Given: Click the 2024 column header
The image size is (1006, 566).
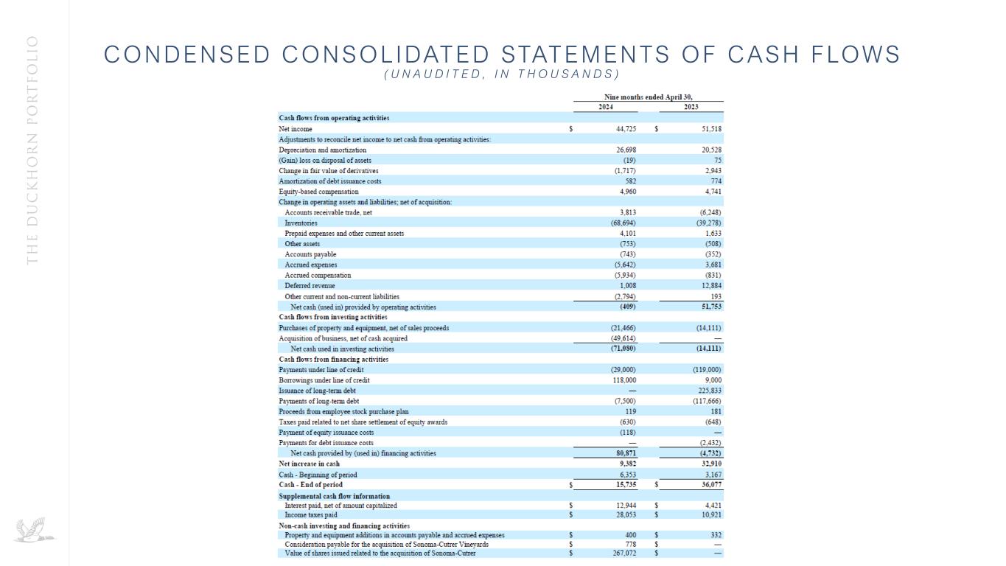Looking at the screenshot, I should click(605, 108).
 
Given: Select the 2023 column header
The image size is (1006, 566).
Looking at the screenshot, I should click(691, 108).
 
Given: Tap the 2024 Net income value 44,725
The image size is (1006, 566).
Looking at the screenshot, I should click(625, 129).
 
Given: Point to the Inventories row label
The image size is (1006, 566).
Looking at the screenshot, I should click(301, 223).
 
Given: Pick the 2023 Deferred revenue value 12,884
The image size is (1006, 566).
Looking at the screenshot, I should click(710, 285).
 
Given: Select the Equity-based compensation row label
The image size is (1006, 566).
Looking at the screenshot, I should click(318, 192).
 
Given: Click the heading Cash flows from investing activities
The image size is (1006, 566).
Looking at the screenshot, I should click(332, 317).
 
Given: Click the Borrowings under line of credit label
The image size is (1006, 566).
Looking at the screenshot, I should click(324, 380).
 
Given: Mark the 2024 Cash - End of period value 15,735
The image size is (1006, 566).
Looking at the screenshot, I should click(625, 485).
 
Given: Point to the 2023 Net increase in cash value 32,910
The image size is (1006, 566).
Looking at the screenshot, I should click(709, 464).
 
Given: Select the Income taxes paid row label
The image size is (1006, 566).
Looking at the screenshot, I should click(311, 515).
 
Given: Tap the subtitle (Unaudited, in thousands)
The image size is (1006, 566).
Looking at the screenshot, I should click(502, 74).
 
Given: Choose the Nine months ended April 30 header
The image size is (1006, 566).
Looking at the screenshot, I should click(649, 97).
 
